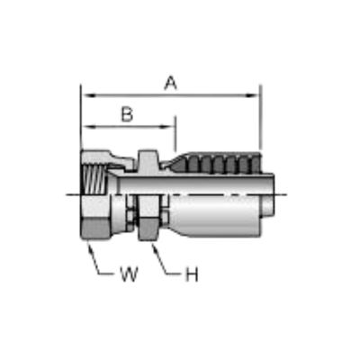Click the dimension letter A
pos(171,83)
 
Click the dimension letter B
pos(127,114)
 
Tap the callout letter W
pos(129,274)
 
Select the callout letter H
pos(192,274)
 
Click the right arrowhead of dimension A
pos(252,95)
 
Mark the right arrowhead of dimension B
pos(168,127)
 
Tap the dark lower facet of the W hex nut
pos(96,229)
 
